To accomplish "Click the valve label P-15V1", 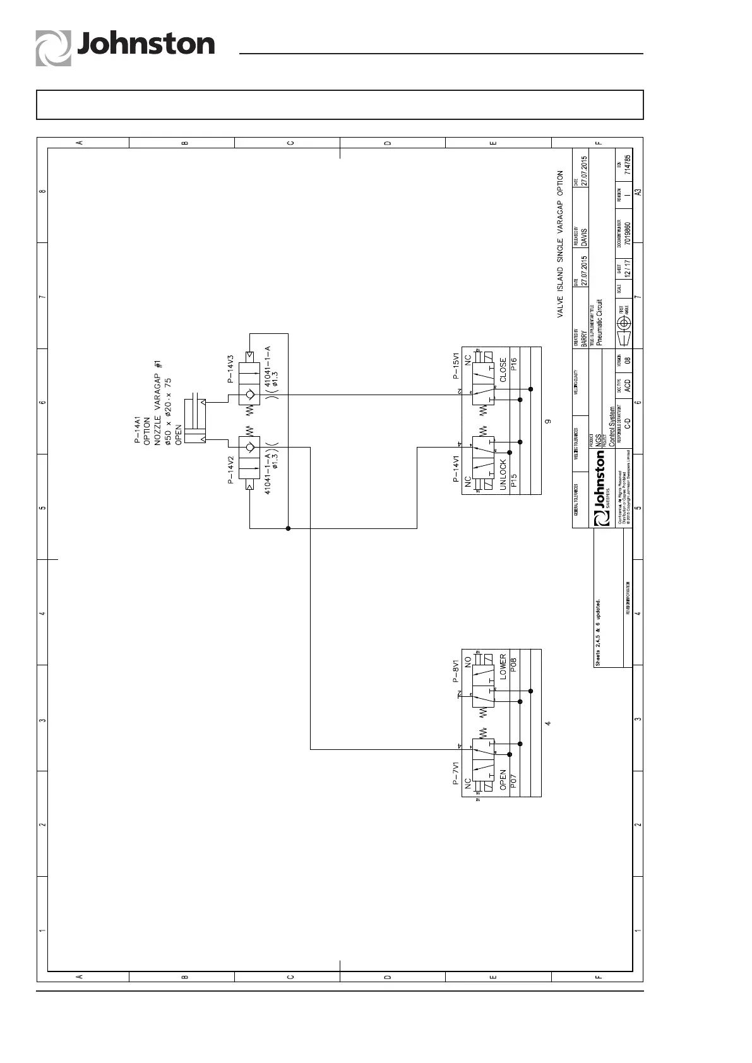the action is click(x=457, y=366).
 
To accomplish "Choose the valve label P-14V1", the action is click(x=457, y=468).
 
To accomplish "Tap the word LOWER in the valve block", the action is click(x=503, y=665).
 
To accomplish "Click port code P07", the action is click(x=514, y=781).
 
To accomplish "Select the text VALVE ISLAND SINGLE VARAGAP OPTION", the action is click(x=559, y=244).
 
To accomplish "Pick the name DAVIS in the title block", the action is click(x=585, y=237).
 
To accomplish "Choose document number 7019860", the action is click(x=628, y=232).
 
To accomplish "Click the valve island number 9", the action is click(x=549, y=421).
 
